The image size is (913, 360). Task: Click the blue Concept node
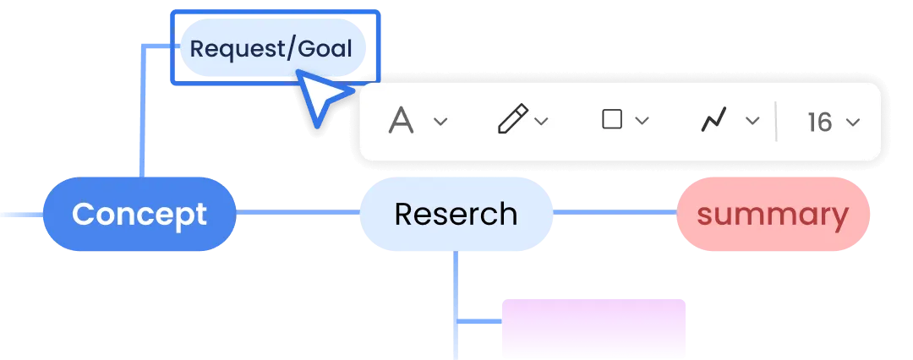[x=139, y=214]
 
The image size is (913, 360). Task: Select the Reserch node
[x=456, y=214]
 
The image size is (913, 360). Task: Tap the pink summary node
[x=773, y=214]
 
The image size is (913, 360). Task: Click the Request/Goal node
[x=272, y=48]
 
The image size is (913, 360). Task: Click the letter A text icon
[x=401, y=121]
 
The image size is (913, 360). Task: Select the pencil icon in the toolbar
[x=512, y=119]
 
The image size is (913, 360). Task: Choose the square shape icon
[x=611, y=119]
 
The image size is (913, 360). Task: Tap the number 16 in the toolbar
[x=820, y=122]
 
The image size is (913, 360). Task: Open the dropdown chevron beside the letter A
[x=440, y=121]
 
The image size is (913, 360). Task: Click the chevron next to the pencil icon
[x=542, y=121]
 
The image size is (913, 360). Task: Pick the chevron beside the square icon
[x=642, y=121]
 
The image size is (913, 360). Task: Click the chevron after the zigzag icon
[x=753, y=121]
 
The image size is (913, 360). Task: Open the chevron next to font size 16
[x=853, y=122]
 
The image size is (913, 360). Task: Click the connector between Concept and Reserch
[x=298, y=213]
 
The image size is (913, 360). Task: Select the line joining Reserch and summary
[x=615, y=213]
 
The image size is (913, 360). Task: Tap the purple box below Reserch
[x=593, y=329]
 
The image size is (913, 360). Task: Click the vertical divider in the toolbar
[x=776, y=121]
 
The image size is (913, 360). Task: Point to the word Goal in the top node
[x=325, y=49]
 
